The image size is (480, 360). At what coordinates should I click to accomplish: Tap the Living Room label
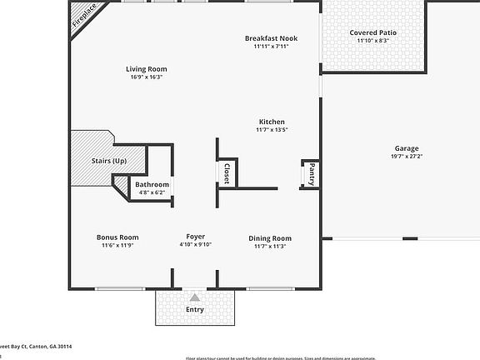coord(146,69)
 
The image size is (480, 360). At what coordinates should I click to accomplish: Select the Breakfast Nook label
coord(271,38)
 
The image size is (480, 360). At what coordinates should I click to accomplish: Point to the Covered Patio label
coord(372,32)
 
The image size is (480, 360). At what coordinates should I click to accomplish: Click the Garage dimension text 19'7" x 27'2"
coord(407,157)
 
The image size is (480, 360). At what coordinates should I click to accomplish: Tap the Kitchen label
coord(271,122)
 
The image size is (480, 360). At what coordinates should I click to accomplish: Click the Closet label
coord(227,172)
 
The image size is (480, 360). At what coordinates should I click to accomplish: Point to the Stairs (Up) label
coord(108,160)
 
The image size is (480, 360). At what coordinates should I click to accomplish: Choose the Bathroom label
coord(152,184)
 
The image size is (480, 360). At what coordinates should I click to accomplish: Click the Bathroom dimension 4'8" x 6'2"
coord(152,192)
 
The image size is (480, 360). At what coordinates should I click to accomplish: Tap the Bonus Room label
coord(117,237)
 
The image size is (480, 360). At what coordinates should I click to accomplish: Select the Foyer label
coord(196,237)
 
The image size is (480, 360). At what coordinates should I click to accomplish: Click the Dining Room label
coord(270,238)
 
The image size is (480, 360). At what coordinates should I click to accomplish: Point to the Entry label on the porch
coord(195,309)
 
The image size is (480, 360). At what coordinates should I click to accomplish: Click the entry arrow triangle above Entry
coord(195,297)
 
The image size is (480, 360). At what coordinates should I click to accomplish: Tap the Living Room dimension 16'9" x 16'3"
coord(146,77)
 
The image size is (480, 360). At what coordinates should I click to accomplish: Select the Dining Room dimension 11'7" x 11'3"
coord(270,246)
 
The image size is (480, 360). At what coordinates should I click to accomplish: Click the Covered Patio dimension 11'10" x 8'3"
coord(372,41)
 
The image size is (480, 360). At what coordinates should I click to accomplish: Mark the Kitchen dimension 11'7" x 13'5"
coord(271,130)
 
